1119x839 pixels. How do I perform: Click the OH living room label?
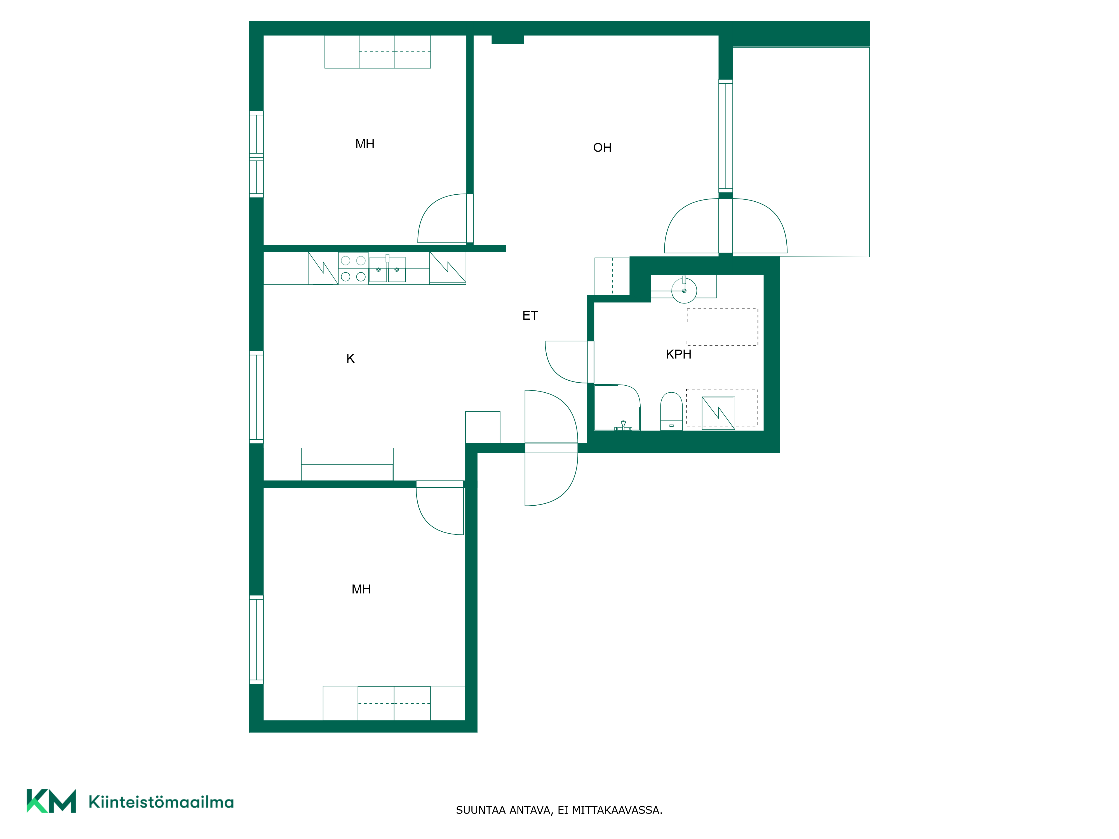point(602,148)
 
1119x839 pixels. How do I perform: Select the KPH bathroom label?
point(678,355)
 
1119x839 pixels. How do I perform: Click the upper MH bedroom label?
point(365,144)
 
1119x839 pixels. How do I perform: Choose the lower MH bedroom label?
point(361,589)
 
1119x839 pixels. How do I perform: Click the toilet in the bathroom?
point(671,411)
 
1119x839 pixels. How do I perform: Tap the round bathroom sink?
point(684,290)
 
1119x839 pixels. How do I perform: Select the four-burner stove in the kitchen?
point(353,268)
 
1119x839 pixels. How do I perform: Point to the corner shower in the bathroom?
point(617,408)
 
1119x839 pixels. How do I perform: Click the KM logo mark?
point(51,801)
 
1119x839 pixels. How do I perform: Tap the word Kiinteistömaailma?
point(161,802)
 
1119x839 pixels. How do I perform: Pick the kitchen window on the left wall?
point(257,397)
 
